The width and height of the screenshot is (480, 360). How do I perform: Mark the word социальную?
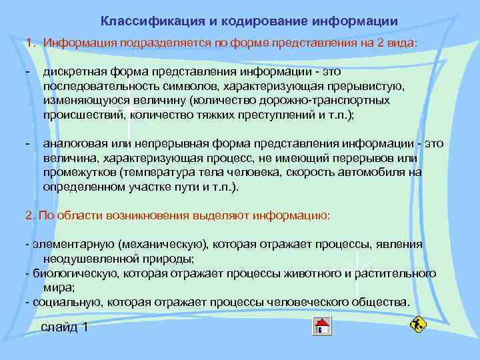coord(58,302)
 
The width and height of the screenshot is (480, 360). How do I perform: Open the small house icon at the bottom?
coord(322,326)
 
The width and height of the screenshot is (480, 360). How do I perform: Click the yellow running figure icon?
coord(419,325)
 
